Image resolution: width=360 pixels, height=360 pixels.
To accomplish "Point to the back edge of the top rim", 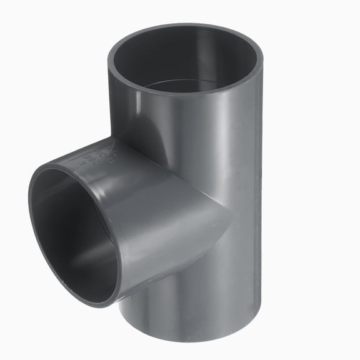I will pos(187,26).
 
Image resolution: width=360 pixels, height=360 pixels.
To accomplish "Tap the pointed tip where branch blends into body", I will pos(231,216).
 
